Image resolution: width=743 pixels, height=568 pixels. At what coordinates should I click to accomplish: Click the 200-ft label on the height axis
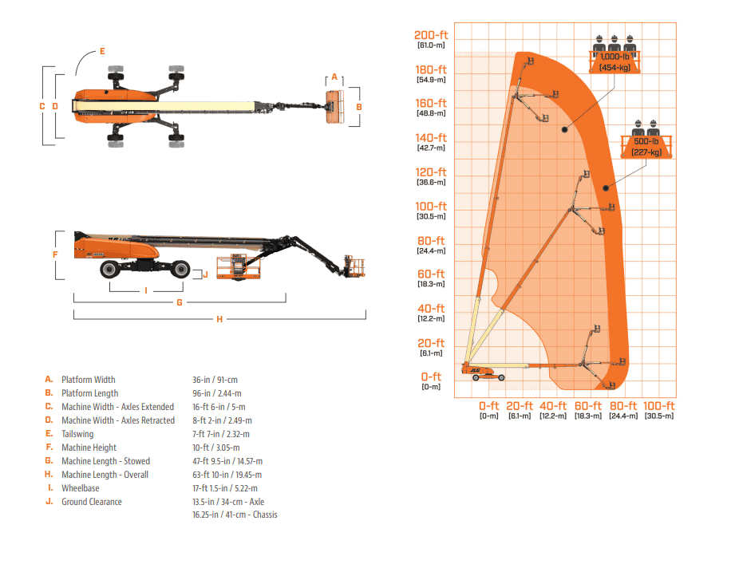(431, 35)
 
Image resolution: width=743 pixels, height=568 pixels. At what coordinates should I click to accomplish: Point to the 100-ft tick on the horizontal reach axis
(659, 406)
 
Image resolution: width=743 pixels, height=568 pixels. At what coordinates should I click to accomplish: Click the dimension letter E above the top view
(102, 51)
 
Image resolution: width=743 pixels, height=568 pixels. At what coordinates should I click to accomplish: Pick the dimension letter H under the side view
(219, 319)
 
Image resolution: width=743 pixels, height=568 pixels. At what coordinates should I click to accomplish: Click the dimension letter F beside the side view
(55, 254)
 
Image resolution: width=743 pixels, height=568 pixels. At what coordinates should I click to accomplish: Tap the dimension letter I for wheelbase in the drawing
(146, 290)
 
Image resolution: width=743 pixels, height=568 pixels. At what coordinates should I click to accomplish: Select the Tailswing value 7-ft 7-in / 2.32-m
(221, 434)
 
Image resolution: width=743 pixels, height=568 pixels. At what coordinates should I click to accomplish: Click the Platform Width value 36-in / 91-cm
(215, 380)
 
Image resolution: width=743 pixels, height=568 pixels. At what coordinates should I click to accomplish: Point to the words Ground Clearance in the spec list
(92, 502)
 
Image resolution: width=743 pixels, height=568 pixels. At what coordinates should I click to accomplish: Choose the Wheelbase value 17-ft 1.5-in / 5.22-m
(225, 488)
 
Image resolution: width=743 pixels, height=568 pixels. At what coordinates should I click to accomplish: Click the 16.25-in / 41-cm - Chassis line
(235, 515)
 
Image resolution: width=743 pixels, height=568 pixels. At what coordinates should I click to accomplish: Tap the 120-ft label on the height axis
(431, 172)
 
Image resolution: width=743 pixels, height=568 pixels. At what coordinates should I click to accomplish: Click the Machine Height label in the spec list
(89, 448)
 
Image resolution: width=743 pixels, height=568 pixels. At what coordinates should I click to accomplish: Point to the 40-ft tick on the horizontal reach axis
(552, 406)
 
